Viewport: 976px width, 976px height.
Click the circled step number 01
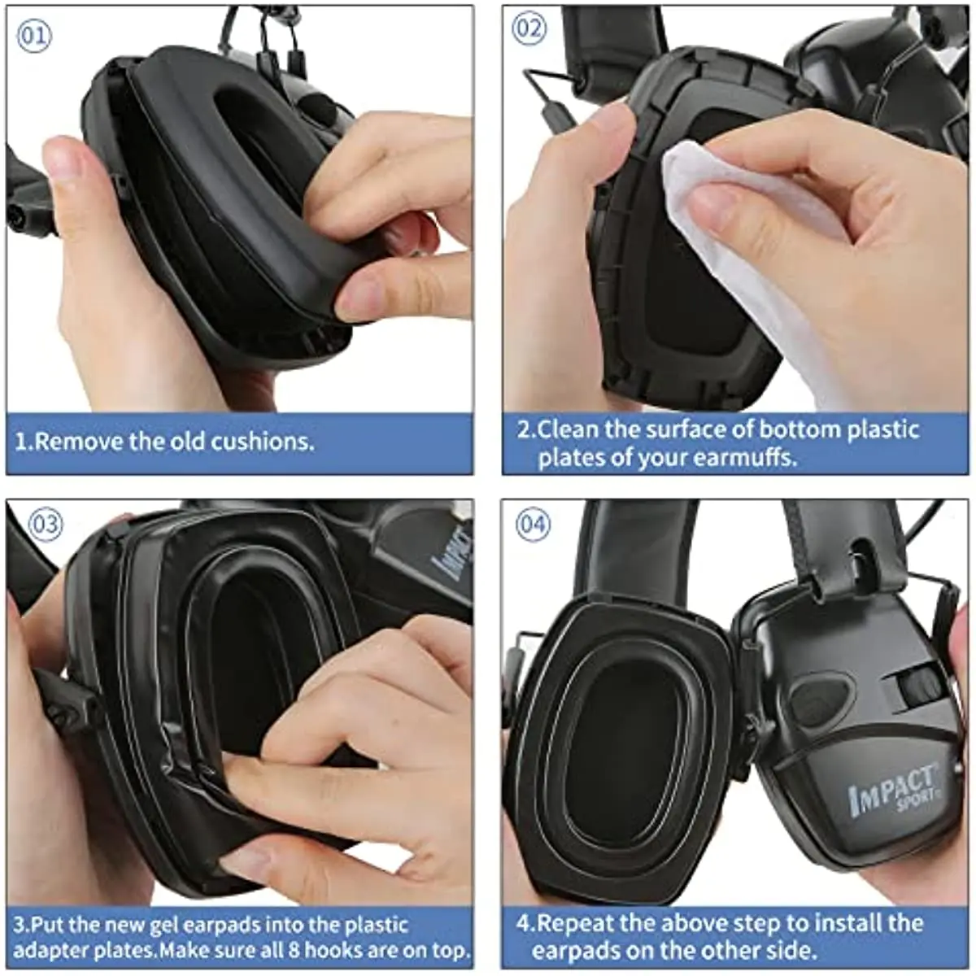[35, 36]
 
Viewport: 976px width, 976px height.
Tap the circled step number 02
[529, 29]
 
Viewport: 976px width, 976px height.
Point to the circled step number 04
[533, 525]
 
